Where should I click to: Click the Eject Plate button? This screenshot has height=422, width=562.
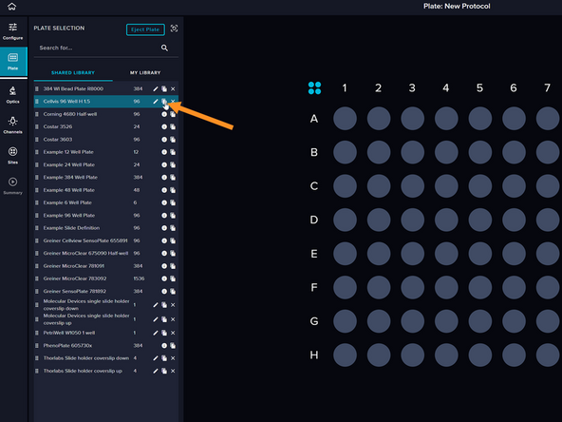click(x=145, y=29)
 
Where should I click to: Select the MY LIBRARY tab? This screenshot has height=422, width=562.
click(x=145, y=72)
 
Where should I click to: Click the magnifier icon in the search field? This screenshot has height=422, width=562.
click(x=164, y=48)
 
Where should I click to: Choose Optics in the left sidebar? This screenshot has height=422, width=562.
click(x=12, y=94)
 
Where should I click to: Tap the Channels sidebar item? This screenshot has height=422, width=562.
click(x=12, y=125)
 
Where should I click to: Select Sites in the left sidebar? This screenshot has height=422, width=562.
click(x=12, y=155)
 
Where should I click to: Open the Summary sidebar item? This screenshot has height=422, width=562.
click(x=12, y=185)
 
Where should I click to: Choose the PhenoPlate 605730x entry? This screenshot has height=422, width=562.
click(x=67, y=345)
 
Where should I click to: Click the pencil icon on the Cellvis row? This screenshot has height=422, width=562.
click(x=155, y=101)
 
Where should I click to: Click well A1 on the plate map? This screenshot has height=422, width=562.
click(x=345, y=119)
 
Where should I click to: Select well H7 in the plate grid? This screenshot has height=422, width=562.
click(x=547, y=355)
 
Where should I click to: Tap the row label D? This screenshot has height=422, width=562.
click(x=314, y=221)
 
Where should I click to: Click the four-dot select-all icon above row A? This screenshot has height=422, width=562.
click(x=315, y=88)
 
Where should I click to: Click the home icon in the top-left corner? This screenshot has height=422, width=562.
click(x=11, y=7)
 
